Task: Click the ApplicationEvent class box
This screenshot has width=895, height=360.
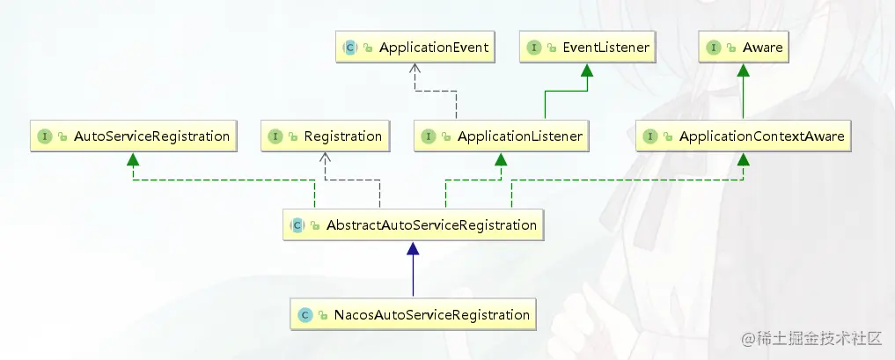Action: [x=414, y=48]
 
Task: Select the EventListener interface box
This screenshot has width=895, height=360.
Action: [x=587, y=48]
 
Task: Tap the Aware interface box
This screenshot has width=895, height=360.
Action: [x=744, y=48]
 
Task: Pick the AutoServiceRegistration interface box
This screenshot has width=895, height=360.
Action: [x=134, y=136]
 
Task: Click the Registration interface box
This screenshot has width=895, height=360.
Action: [x=326, y=136]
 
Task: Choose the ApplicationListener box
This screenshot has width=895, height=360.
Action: [x=501, y=136]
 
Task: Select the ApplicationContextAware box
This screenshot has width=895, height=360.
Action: [x=743, y=136]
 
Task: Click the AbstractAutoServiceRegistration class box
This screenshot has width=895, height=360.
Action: [x=413, y=224]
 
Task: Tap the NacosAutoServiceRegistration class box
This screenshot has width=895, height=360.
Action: [x=414, y=314]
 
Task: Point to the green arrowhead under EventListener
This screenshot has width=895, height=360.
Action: [x=587, y=70]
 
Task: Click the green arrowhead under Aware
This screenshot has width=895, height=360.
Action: [x=743, y=70]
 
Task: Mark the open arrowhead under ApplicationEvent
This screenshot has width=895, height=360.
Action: [x=415, y=69]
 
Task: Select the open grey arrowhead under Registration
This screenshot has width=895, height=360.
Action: [x=326, y=158]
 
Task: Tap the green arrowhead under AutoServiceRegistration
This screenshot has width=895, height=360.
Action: [x=133, y=159]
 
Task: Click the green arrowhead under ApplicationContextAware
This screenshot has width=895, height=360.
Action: [x=743, y=159]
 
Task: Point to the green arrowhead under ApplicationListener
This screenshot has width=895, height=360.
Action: [x=501, y=159]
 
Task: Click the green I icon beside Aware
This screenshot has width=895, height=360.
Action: [x=714, y=48]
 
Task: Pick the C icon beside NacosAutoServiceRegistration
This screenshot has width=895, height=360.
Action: [x=305, y=314]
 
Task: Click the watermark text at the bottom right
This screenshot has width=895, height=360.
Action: [x=811, y=338]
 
